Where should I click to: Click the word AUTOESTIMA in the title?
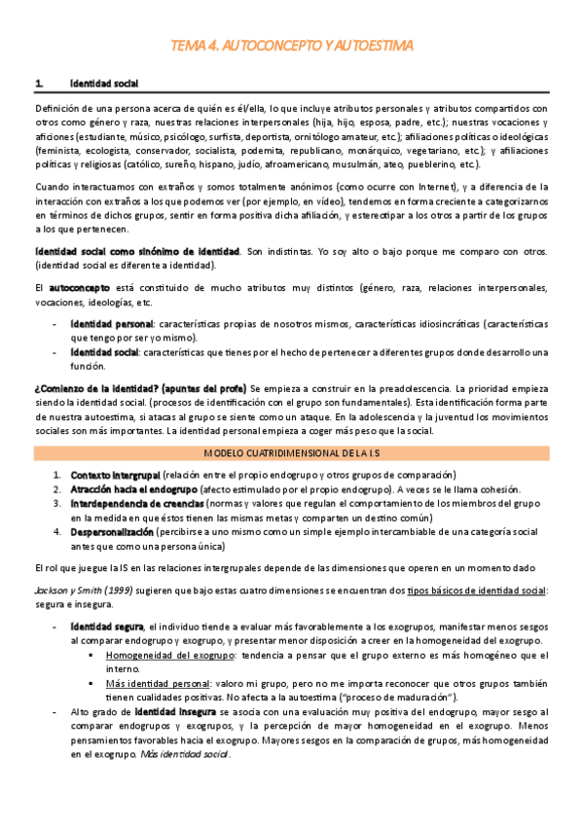click(373, 46)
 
